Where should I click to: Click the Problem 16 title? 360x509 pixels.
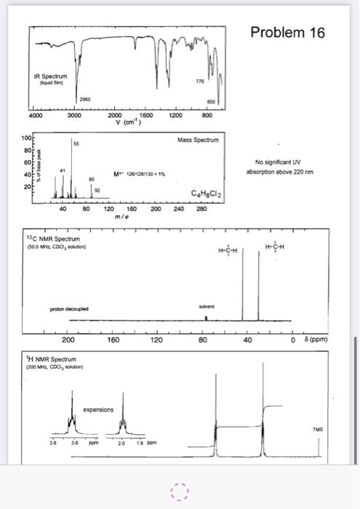[287, 33]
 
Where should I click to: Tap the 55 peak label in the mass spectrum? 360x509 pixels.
[75, 144]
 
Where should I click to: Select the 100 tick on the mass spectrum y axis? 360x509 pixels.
[25, 137]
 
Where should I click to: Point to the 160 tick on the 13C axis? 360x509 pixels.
[114, 338]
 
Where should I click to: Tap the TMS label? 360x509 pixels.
[317, 429]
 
